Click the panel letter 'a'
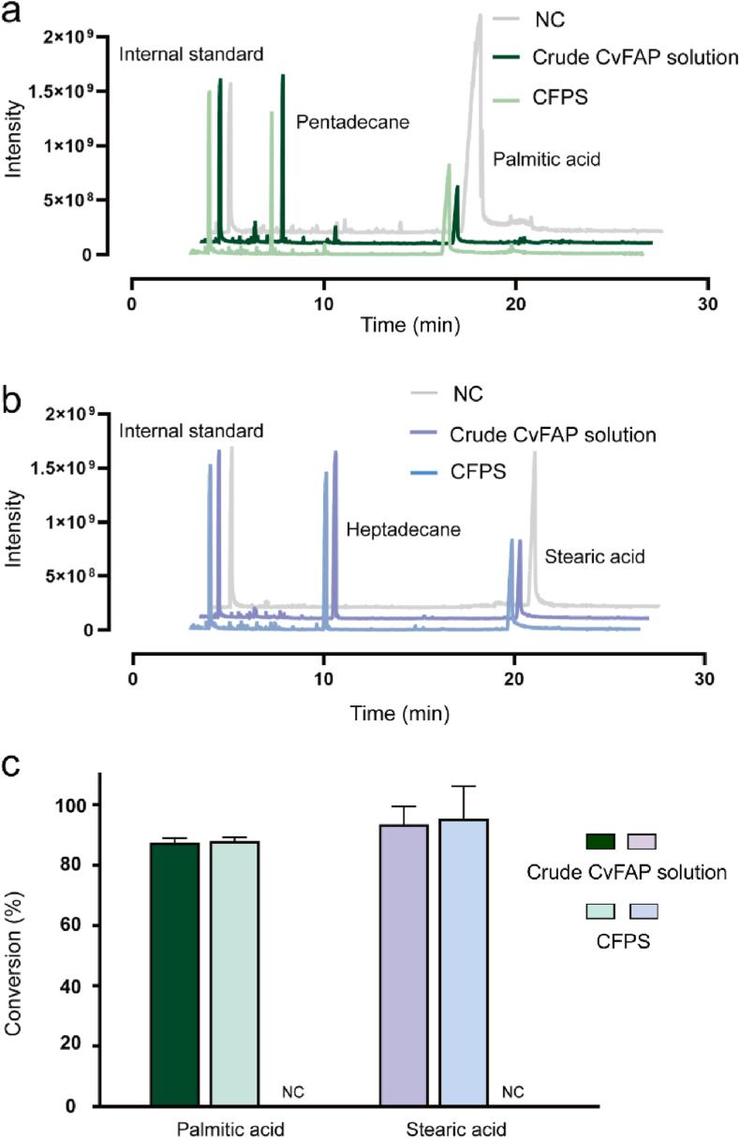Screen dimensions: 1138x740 point(12,12)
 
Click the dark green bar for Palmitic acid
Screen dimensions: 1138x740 point(174,974)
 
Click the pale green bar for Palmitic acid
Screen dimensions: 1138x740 point(234,973)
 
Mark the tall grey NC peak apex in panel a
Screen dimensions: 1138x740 point(479,15)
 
